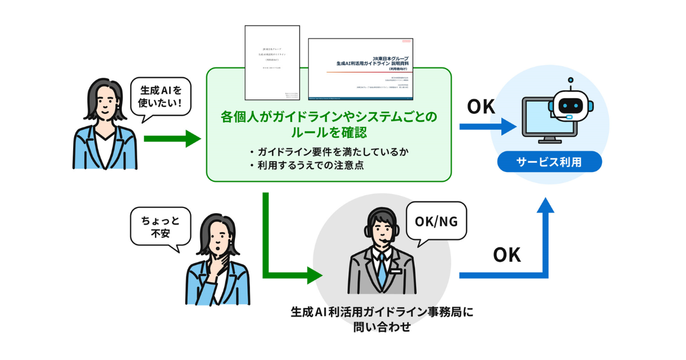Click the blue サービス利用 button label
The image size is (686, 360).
549,162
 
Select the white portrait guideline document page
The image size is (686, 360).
272,63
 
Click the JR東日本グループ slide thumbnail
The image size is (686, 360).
361,69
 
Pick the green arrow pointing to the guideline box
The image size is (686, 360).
172,138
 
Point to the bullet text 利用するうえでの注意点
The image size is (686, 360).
308,166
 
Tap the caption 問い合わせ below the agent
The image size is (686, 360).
382,327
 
